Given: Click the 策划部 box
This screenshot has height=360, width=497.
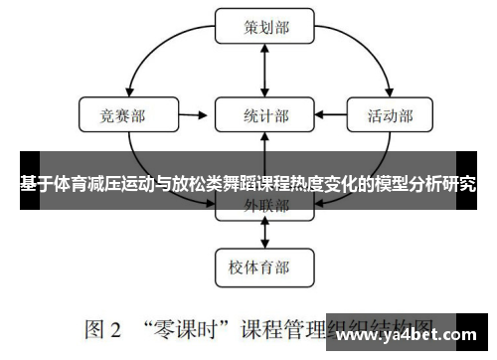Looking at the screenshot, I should [x=265, y=27].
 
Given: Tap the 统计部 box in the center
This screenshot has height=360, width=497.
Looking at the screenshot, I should [x=265, y=115].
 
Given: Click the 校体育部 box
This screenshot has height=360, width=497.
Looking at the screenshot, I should [x=265, y=266].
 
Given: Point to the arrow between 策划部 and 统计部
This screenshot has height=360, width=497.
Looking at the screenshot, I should [x=265, y=71].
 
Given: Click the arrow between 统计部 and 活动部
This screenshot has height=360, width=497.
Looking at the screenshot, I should [x=330, y=115].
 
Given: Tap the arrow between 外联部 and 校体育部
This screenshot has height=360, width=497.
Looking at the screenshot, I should [x=265, y=236].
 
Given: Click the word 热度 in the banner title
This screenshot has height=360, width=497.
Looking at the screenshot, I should [x=302, y=183].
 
